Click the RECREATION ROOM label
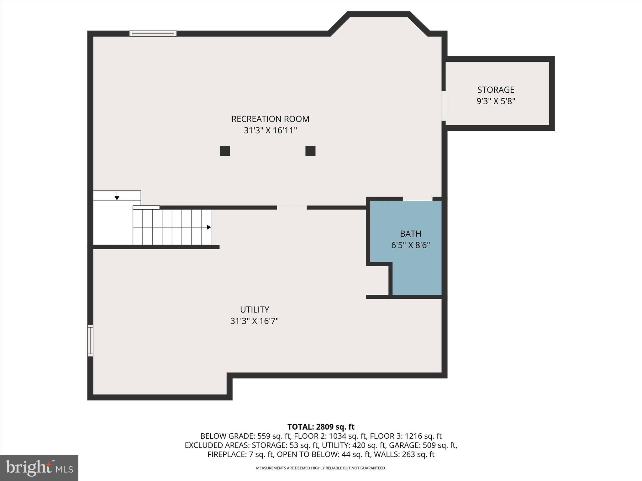(270, 119)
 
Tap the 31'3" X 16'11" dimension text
(270, 130)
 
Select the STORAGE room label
(496, 90)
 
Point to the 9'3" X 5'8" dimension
(496, 101)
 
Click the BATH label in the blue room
(410, 234)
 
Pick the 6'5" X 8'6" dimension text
(410, 245)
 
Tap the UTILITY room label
(255, 309)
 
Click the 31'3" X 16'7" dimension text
(255, 321)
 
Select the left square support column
(225, 151)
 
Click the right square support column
(310, 151)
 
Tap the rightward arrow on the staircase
(208, 227)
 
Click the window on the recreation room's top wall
(153, 34)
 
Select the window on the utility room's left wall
(90, 340)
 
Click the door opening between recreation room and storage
(444, 106)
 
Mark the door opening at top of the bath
(417, 199)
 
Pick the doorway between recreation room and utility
(292, 208)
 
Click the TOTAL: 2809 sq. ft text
(321, 427)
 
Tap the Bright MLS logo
(39, 468)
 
